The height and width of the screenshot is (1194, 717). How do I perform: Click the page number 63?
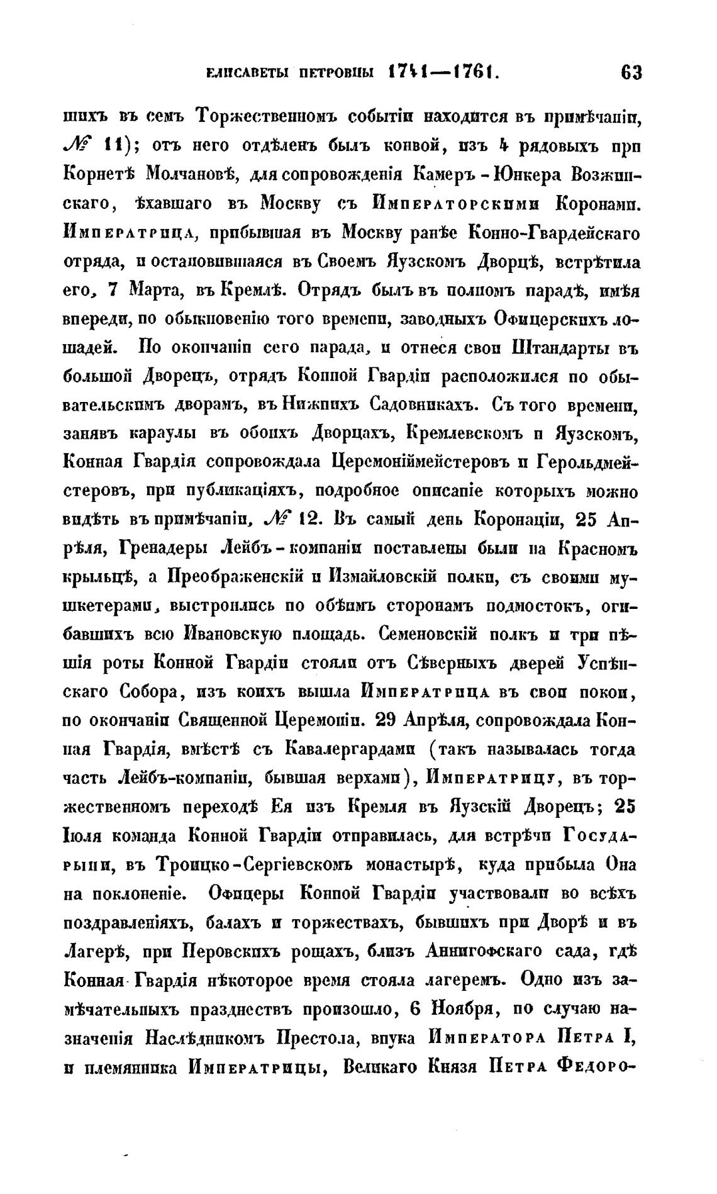(631, 73)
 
